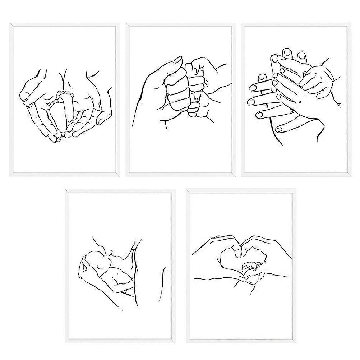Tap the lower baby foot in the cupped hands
[x=55, y=115]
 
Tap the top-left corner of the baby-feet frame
[x=10, y=24]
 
